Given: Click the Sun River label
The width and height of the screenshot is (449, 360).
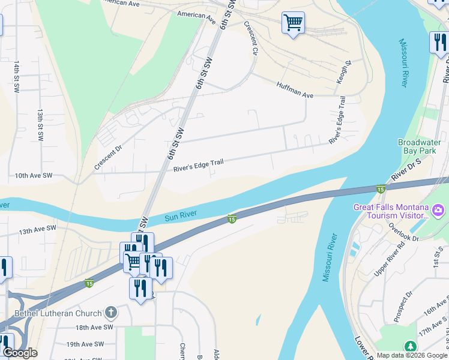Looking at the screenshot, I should (181, 216).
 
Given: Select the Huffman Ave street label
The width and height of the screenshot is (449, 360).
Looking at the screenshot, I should (295, 91).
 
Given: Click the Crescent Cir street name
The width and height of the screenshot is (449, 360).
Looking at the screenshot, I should (250, 38).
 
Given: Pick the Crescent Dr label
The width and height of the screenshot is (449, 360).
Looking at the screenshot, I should (108, 156).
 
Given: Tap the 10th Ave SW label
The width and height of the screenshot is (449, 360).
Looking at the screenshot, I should (34, 176).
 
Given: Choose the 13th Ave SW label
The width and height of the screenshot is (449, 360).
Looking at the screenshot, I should (37, 229).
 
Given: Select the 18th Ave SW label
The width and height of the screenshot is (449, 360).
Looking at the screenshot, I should (94, 328).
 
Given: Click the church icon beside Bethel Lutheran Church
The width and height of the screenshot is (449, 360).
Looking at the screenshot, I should (110, 312).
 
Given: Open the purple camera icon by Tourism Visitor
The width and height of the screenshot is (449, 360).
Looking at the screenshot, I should (438, 211).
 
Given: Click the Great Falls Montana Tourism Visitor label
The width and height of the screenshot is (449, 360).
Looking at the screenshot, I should (391, 211).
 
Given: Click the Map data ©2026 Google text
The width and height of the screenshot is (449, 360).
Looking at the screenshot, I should (411, 355).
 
